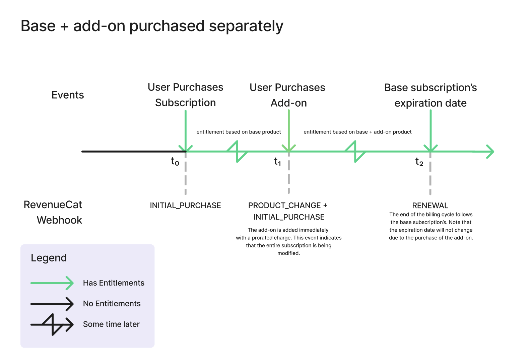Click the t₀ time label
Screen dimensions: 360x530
pyautogui.click(x=175, y=162)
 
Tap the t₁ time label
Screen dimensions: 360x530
pyautogui.click(x=277, y=162)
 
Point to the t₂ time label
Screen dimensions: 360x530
pyautogui.click(x=419, y=162)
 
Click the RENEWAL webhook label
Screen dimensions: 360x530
pyautogui.click(x=430, y=205)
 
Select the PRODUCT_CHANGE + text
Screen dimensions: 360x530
pyautogui.click(x=288, y=205)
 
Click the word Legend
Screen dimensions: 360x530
pyautogui.click(x=49, y=258)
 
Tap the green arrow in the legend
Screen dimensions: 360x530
pyautogui.click(x=52, y=283)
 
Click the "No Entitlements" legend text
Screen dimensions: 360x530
pyautogui.click(x=112, y=304)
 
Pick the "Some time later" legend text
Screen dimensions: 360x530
pyautogui.click(x=111, y=324)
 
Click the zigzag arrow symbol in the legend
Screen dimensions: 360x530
pyautogui.click(x=52, y=324)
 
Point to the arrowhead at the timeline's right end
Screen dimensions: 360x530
pyautogui.click(x=490, y=152)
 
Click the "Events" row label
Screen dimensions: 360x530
pyautogui.click(x=68, y=95)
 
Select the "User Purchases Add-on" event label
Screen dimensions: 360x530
pyautogui.click(x=288, y=95)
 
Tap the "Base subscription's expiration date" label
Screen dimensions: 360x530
pyautogui.click(x=430, y=95)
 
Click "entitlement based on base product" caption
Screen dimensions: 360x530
pyautogui.click(x=239, y=132)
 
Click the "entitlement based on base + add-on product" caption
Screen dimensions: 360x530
pyautogui.click(x=357, y=132)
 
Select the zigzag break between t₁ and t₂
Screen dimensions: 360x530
pyautogui.click(x=355, y=152)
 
